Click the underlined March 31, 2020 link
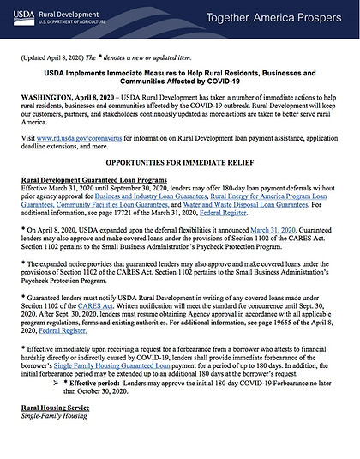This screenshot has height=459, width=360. [273, 230]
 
